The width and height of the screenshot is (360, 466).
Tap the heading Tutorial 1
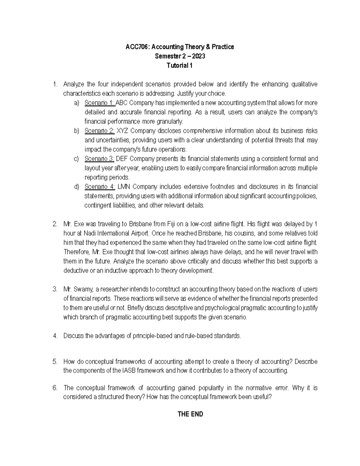click(179, 65)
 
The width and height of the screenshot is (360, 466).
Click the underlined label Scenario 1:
click(99, 103)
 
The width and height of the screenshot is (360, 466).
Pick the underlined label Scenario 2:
click(99, 131)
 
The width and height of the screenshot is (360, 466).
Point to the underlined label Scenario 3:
click(99, 159)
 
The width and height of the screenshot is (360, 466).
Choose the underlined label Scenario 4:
click(100, 187)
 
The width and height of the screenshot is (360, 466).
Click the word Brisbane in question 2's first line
click(140, 224)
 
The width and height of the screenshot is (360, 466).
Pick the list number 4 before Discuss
click(55, 336)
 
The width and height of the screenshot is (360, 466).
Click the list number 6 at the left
click(55, 388)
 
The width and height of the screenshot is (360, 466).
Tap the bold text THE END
click(190, 414)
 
